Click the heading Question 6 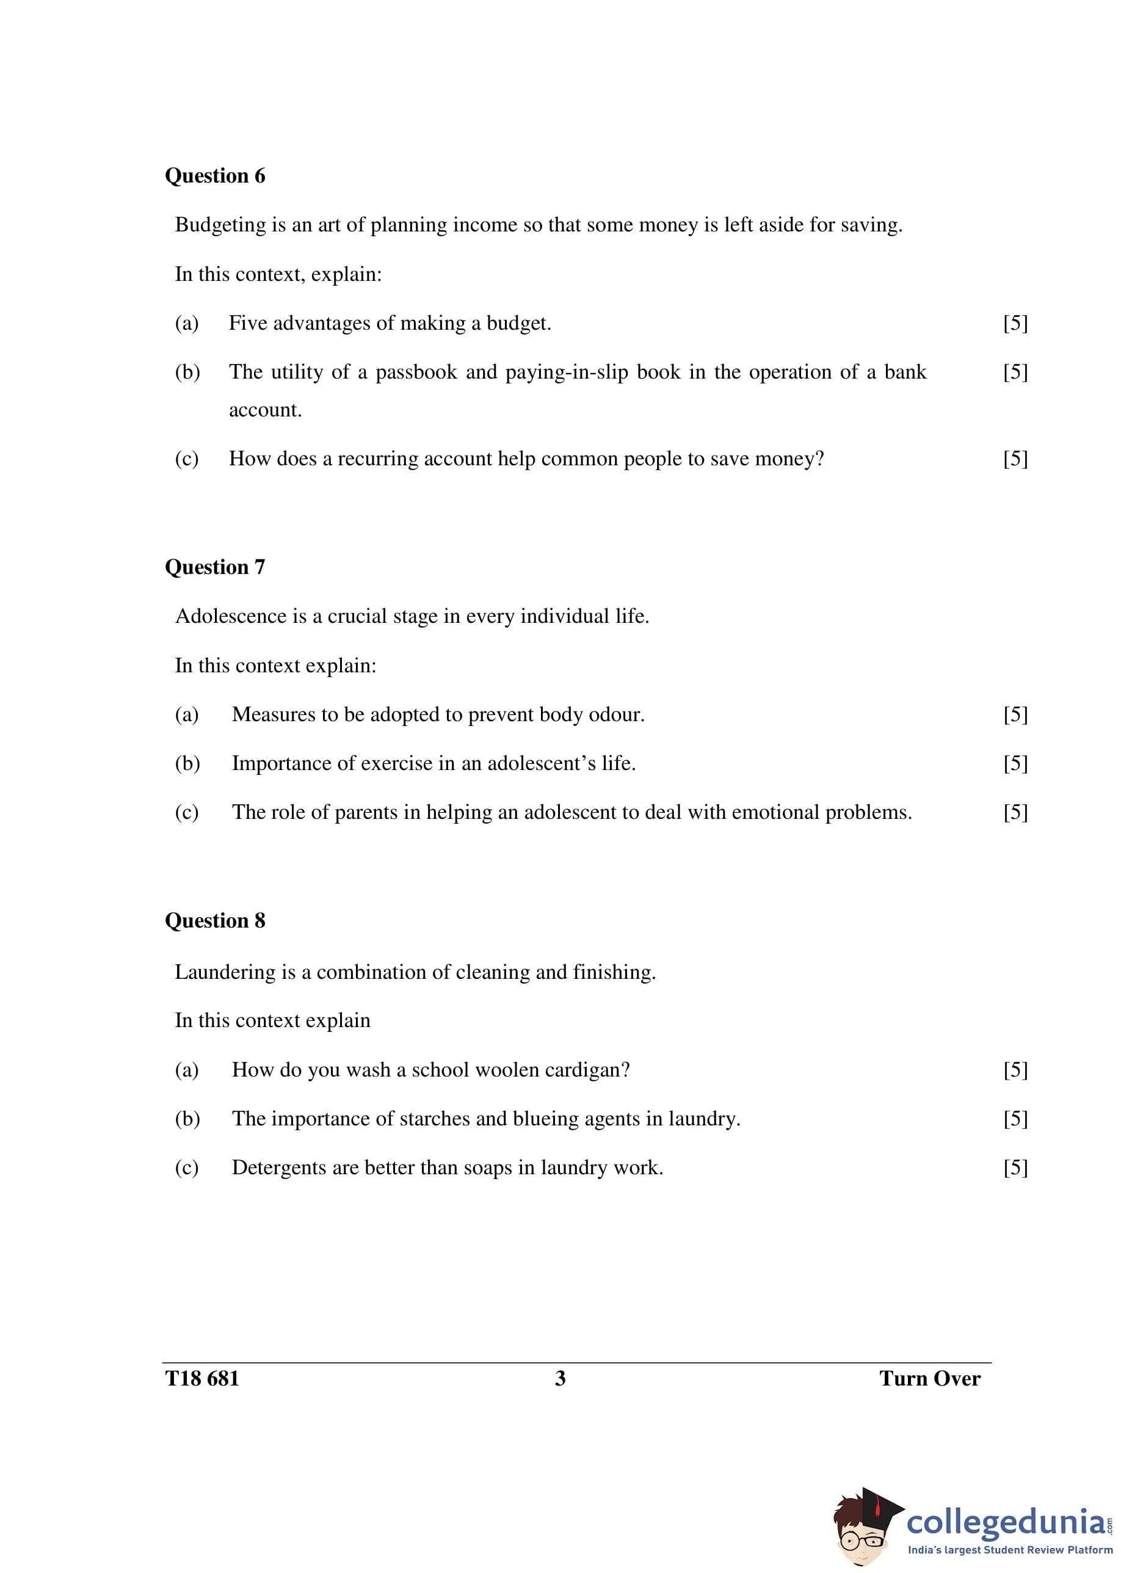point(215,176)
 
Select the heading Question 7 point(215,567)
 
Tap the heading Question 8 point(215,921)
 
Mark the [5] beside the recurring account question point(1015,459)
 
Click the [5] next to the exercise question point(1015,763)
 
